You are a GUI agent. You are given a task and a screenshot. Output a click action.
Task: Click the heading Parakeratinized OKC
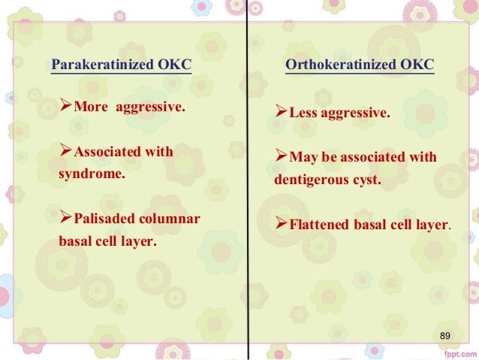click(120, 65)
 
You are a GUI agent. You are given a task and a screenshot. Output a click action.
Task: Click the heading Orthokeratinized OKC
click(359, 65)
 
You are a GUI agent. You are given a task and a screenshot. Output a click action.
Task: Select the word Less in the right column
click(305, 114)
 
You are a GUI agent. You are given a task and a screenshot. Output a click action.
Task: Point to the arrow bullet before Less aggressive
click(282, 114)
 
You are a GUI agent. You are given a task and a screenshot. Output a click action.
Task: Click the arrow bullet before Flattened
click(282, 224)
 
